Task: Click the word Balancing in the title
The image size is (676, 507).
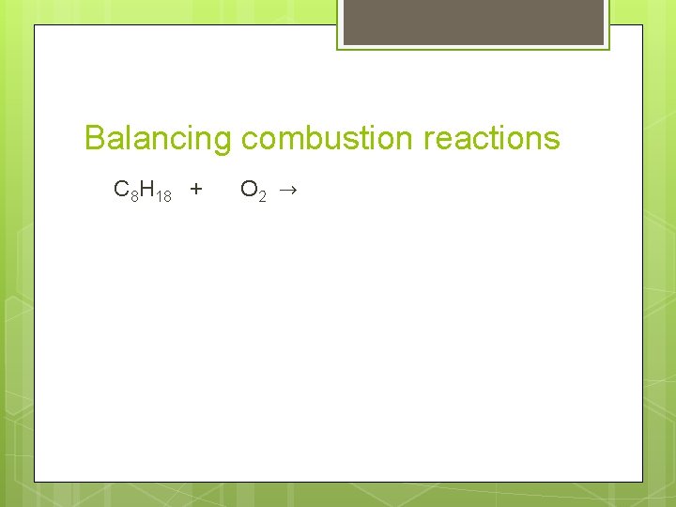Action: pyautogui.click(x=157, y=139)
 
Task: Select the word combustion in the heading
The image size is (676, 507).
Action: pyautogui.click(x=327, y=139)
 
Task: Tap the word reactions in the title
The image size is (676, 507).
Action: pyautogui.click(x=491, y=139)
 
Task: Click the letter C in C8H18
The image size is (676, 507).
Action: pyautogui.click(x=121, y=190)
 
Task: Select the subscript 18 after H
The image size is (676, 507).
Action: pyautogui.click(x=163, y=195)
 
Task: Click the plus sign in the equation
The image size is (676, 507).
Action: pyautogui.click(x=195, y=190)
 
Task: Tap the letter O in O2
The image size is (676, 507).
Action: pyautogui.click(x=249, y=190)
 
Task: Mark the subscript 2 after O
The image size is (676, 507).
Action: pyautogui.click(x=263, y=195)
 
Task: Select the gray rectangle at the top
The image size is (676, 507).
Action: pyautogui.click(x=473, y=23)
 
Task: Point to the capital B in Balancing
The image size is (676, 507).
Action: pyautogui.click(x=95, y=139)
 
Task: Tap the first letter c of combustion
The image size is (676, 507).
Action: pyautogui.click(x=249, y=141)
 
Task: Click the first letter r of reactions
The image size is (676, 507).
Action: pyautogui.click(x=429, y=141)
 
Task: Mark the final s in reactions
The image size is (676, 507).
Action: pyautogui.click(x=552, y=141)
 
